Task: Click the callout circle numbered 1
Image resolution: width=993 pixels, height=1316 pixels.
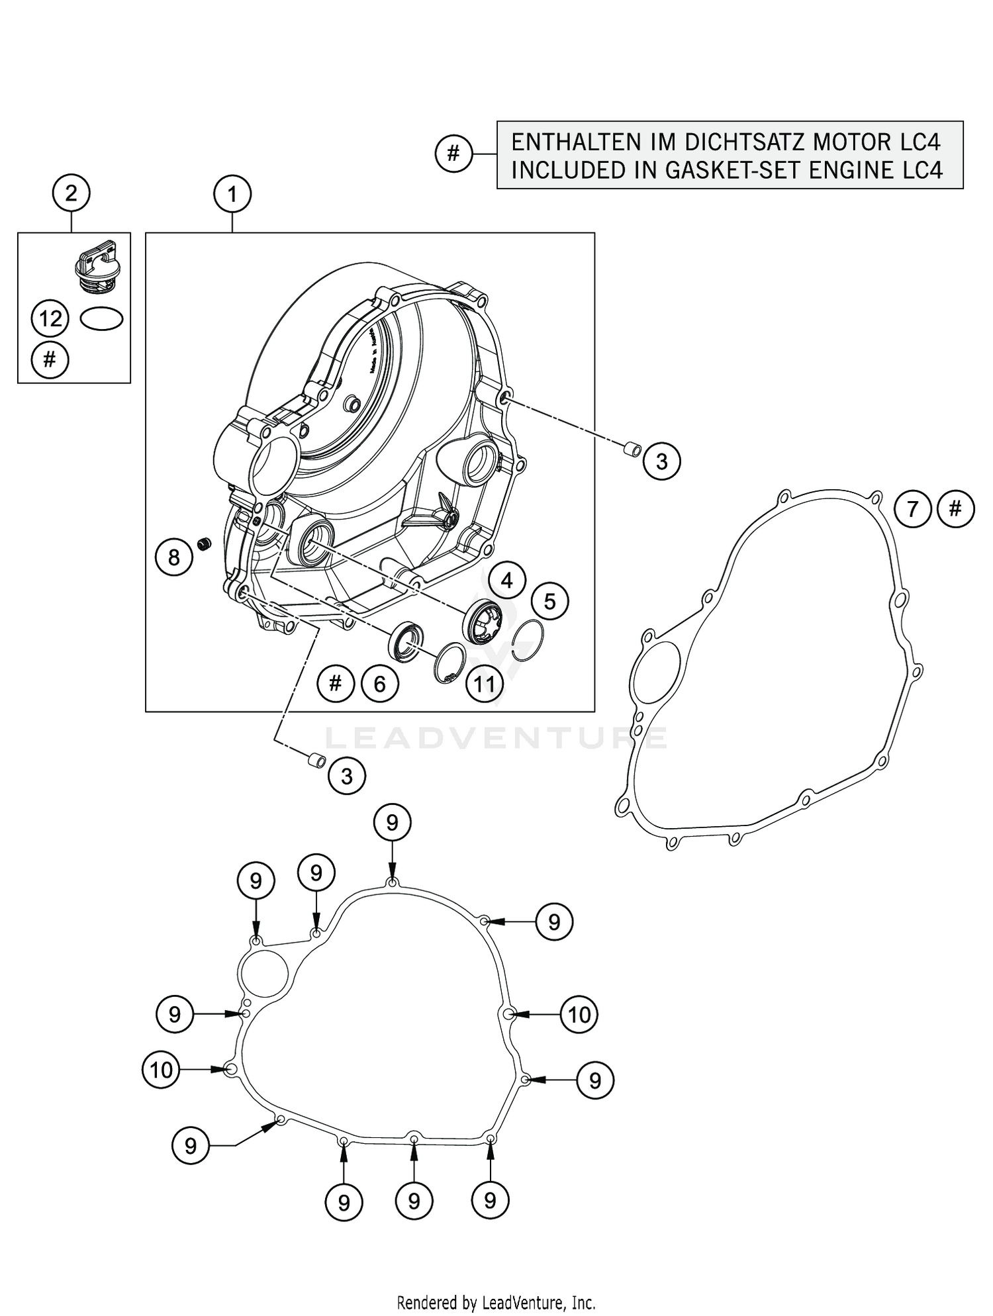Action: (232, 195)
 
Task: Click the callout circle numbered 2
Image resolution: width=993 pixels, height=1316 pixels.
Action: (71, 193)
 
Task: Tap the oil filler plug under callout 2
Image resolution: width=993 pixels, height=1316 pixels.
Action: (95, 265)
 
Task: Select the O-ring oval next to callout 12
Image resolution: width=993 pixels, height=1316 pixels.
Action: (102, 319)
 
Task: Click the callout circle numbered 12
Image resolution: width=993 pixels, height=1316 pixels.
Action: (50, 319)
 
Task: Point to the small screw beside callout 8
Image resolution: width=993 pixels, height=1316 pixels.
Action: (205, 544)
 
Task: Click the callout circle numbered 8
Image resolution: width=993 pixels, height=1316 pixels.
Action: (173, 557)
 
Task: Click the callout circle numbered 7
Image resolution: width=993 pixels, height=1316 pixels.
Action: (913, 509)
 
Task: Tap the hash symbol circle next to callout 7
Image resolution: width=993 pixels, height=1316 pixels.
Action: (955, 509)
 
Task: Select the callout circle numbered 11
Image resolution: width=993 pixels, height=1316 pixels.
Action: (484, 684)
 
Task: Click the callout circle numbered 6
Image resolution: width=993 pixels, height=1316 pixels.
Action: (379, 684)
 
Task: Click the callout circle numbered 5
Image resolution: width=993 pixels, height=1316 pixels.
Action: (549, 601)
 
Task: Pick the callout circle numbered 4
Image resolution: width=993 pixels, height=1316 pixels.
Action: (506, 581)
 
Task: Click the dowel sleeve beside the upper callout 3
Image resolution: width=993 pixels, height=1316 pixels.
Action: (632, 450)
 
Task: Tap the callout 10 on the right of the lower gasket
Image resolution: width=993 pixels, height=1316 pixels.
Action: (579, 1014)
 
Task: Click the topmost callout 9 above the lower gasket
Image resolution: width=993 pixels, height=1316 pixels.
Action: (392, 823)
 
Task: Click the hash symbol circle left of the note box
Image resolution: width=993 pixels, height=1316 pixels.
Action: (453, 154)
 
